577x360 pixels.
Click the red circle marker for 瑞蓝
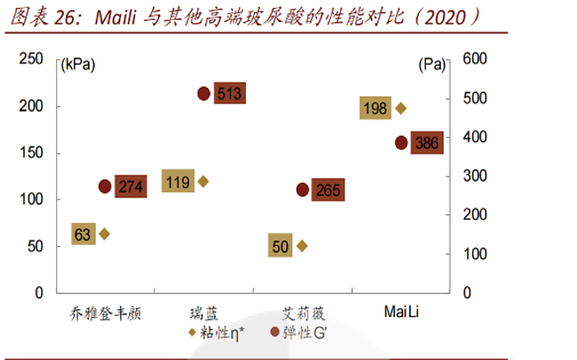click(204, 93)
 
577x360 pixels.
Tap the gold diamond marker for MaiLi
click(401, 108)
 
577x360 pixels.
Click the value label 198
click(374, 108)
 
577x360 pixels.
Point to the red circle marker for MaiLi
click(401, 142)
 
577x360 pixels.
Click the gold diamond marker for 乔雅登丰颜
click(105, 234)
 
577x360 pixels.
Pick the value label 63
click(83, 234)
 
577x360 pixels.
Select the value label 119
click(177, 183)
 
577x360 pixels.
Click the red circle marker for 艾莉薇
click(302, 190)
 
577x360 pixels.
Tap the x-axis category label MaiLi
click(400, 313)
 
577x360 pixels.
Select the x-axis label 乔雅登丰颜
click(105, 313)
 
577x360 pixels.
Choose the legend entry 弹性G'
click(299, 333)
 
